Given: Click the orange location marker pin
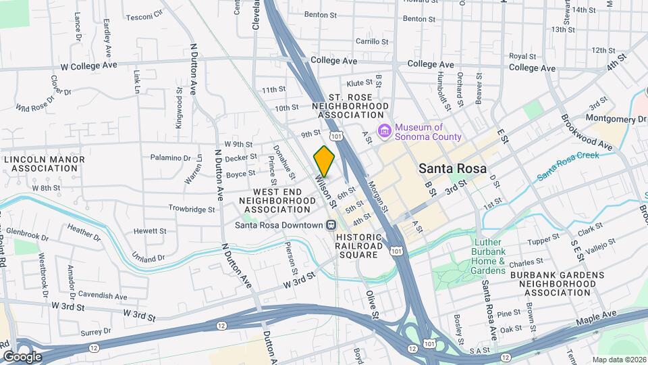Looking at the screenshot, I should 325,161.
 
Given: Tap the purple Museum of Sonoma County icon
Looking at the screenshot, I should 384,130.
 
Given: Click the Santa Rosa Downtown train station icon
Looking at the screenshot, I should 331,225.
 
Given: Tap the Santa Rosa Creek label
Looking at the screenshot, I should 568,165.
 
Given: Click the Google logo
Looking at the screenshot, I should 22,356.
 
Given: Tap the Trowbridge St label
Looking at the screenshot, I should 191,209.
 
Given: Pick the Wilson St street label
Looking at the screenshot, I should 325,189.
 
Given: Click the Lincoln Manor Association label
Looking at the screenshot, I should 44,164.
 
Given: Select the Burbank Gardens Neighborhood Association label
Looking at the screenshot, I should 557,284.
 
